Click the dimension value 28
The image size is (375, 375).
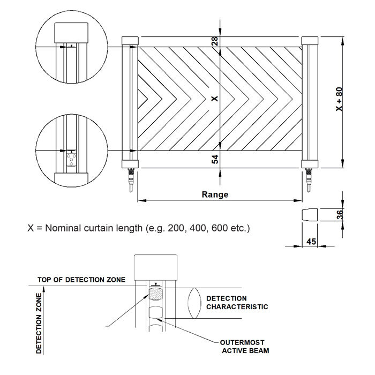click(215, 41)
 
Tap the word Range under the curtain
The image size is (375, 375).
click(215, 194)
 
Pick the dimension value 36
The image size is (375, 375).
click(339, 214)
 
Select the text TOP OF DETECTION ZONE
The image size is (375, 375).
click(81, 280)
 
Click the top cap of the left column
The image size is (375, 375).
click(130, 41)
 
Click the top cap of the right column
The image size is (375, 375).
click(309, 41)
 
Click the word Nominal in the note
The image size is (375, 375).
click(65, 228)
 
